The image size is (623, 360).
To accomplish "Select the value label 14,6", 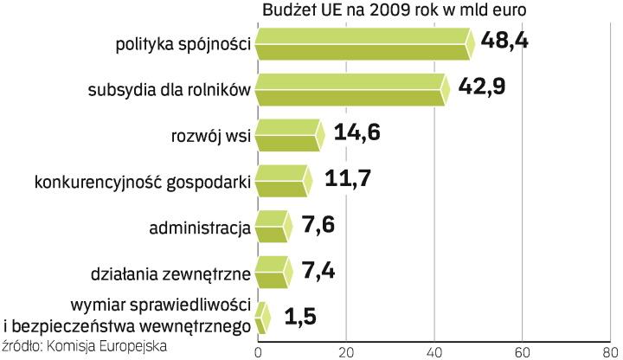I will click(357, 135).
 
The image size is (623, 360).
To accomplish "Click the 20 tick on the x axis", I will click(345, 351).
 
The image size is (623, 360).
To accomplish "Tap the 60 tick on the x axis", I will click(522, 351).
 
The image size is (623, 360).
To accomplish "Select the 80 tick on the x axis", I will click(610, 351).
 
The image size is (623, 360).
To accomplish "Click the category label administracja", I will click(200, 229).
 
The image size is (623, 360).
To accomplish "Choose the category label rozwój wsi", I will click(213, 137).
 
